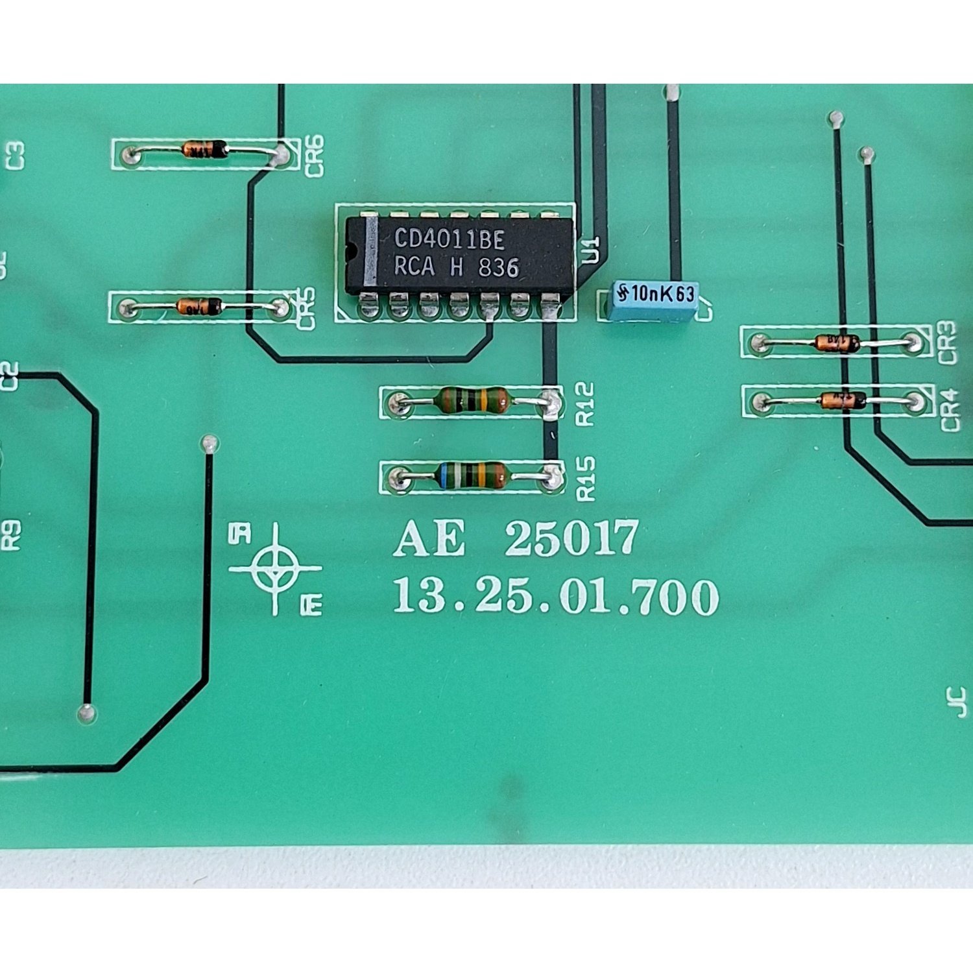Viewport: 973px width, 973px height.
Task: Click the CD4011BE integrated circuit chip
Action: click(459, 255)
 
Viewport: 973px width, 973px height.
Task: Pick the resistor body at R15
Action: click(473, 475)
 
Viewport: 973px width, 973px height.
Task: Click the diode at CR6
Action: click(205, 149)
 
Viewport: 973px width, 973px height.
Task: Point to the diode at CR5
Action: click(199, 306)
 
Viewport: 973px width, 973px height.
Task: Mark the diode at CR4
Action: click(842, 400)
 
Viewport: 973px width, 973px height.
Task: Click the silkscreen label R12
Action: click(585, 403)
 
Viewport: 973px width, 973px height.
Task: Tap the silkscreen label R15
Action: click(585, 478)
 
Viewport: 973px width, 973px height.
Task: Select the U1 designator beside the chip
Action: click(591, 250)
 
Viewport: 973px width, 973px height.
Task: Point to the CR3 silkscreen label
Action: click(947, 342)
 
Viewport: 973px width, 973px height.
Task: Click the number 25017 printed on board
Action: click(571, 538)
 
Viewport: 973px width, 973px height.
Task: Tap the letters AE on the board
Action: click(429, 538)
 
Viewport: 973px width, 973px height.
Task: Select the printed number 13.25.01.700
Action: click(555, 596)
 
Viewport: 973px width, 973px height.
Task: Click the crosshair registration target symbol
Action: click(276, 568)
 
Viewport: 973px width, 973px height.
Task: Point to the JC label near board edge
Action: click(959, 702)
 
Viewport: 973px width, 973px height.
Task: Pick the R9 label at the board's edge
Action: click(11, 535)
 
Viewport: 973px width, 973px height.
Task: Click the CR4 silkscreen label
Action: click(948, 410)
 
